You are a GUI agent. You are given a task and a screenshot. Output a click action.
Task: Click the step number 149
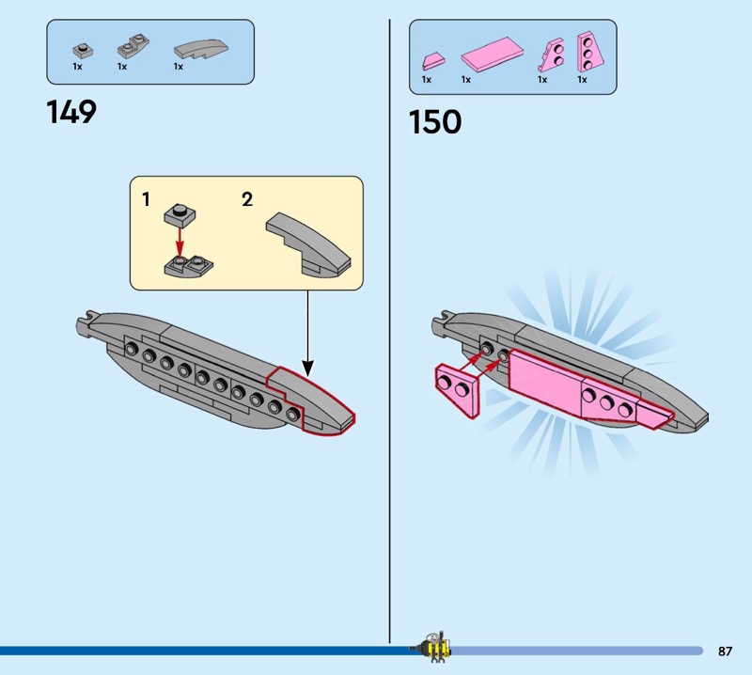71,113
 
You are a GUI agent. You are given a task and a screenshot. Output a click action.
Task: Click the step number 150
435,122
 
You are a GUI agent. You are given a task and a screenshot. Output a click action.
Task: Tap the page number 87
725,651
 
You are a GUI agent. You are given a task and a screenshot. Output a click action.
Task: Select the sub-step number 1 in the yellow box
146,199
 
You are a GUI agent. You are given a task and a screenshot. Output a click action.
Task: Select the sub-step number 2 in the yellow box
247,199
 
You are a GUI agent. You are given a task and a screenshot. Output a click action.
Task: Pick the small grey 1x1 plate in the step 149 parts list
82,49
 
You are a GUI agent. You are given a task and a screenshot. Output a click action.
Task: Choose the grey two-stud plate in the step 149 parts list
128,49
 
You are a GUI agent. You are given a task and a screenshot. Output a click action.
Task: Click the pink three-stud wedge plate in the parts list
590,51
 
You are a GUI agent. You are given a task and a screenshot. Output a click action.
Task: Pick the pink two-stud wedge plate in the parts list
549,55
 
